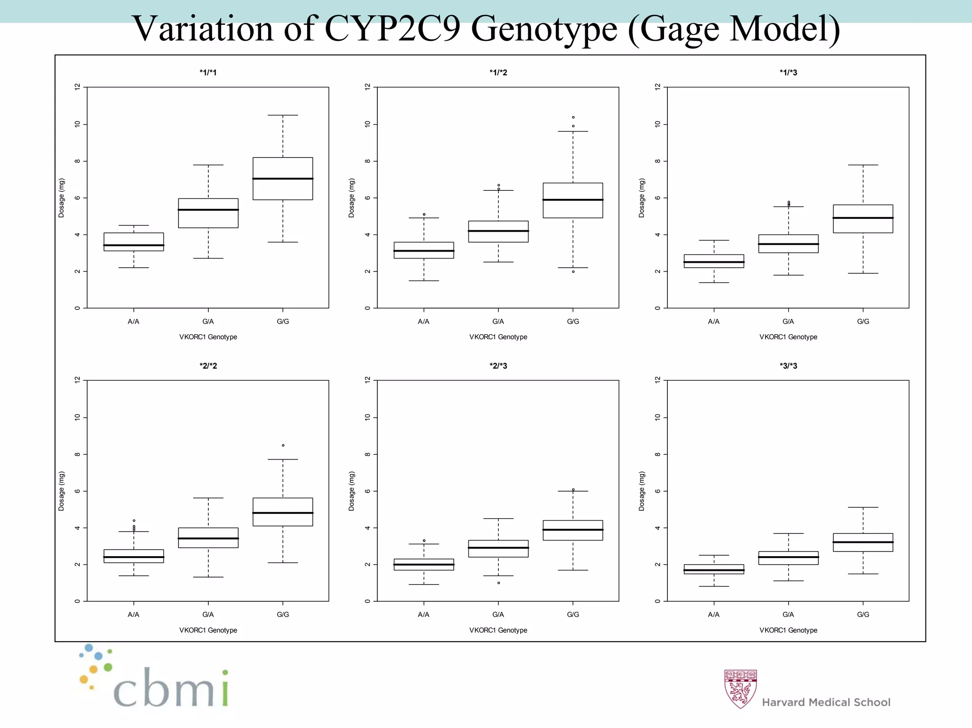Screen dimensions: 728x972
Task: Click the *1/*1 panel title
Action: tap(208, 73)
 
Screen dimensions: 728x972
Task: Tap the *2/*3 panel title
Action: tap(498, 366)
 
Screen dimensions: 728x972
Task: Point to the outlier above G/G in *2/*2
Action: tap(283, 445)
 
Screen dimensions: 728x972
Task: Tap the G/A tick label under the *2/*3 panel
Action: tap(498, 615)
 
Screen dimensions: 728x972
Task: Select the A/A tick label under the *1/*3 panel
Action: tap(713, 321)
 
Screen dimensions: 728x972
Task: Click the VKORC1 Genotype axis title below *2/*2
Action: tap(208, 630)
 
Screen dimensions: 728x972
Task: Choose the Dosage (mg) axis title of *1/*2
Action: tap(351, 198)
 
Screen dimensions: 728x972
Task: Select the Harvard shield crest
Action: tap(740, 689)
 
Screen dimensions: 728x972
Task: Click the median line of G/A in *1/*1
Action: tap(208, 210)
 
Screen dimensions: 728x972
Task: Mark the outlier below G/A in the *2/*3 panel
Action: tap(498, 583)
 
